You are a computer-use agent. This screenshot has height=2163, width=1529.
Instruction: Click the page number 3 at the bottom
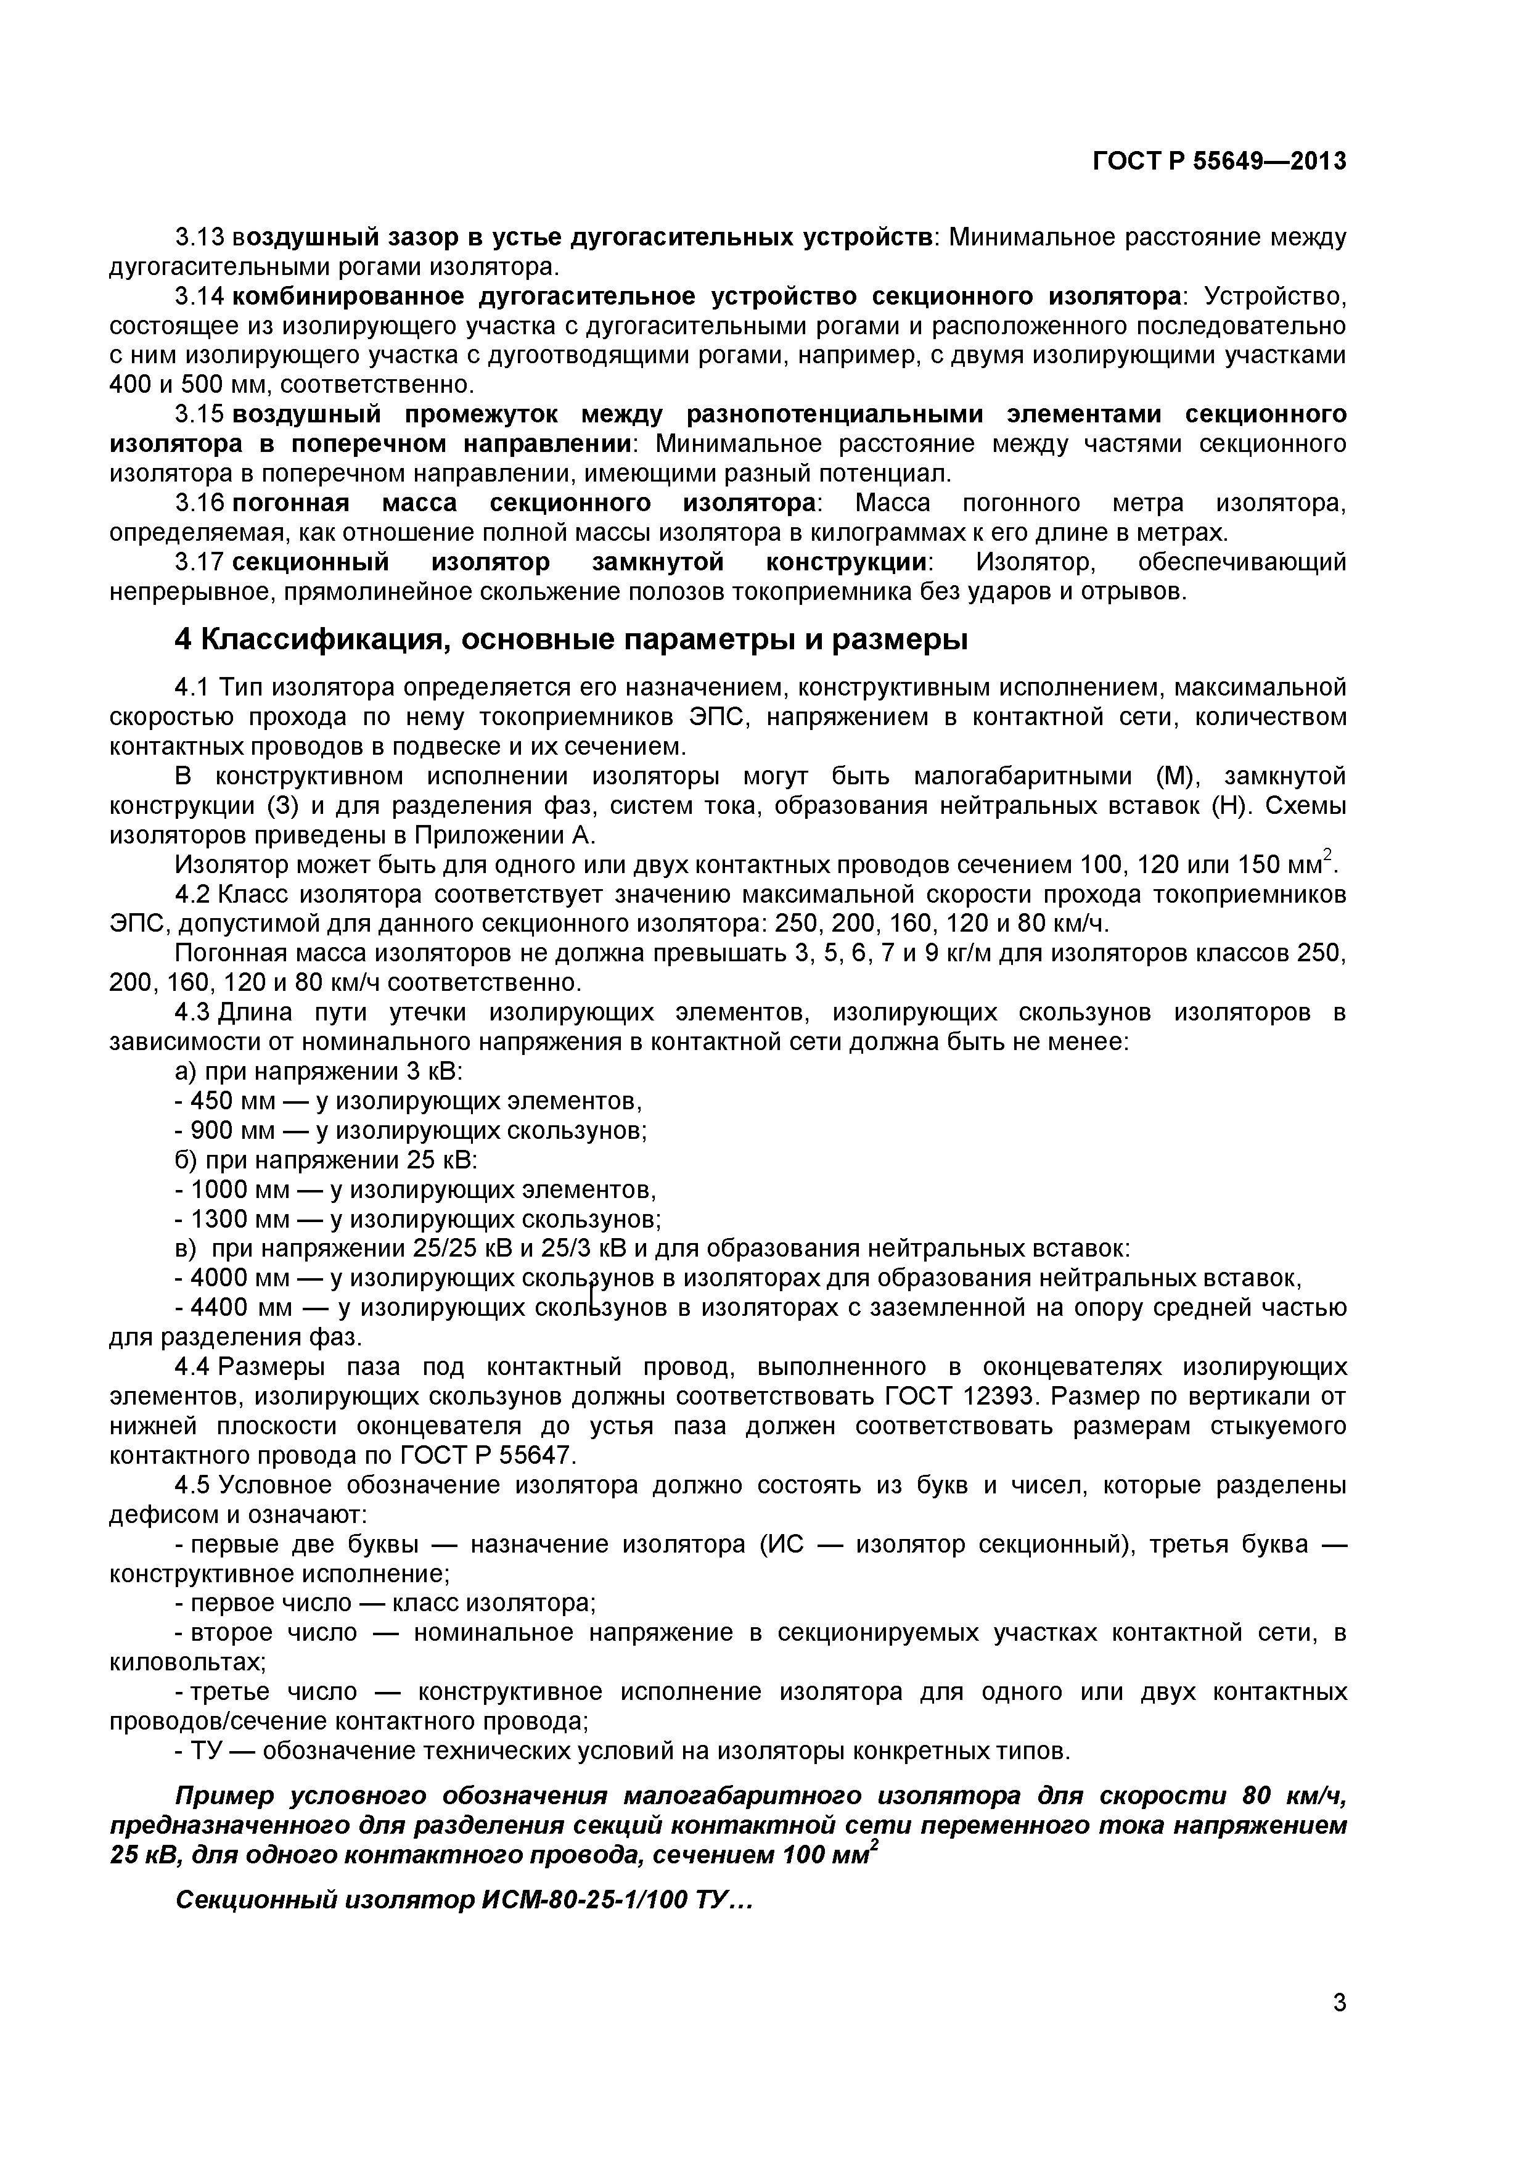[x=1338, y=2027]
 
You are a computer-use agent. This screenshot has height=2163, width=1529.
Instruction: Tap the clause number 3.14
[x=199, y=296]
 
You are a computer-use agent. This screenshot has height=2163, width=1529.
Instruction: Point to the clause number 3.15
[x=199, y=414]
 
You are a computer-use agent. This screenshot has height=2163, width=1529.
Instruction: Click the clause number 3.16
[x=199, y=503]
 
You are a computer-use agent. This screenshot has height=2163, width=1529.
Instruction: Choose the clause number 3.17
[x=199, y=562]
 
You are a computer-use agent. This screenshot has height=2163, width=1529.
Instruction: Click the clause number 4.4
[x=196, y=1367]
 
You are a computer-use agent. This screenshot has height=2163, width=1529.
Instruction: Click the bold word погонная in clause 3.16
[x=290, y=503]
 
